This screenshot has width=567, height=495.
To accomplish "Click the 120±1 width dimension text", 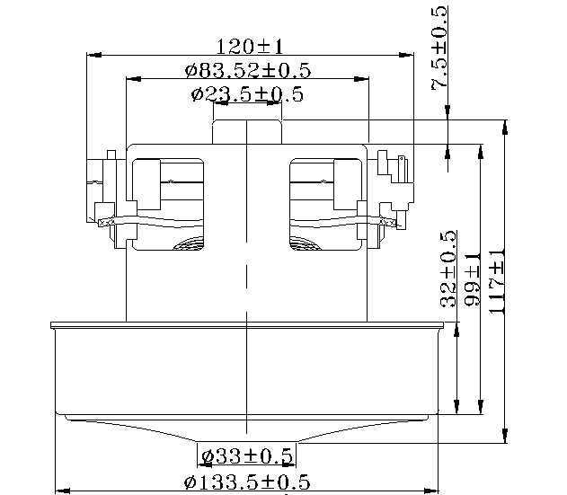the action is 250,47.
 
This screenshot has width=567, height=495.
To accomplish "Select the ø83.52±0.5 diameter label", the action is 248,70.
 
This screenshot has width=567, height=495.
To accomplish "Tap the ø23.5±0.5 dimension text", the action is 247,94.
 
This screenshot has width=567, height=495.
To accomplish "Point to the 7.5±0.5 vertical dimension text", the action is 439,49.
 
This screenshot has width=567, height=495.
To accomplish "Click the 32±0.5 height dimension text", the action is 448,269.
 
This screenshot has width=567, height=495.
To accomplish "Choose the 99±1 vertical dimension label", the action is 473,279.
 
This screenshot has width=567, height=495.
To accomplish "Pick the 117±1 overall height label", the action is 497,281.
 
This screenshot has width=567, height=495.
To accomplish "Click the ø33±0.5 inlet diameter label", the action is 247,456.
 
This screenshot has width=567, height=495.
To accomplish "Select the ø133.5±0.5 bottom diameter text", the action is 247,482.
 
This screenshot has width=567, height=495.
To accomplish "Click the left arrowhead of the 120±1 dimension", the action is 94,55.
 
